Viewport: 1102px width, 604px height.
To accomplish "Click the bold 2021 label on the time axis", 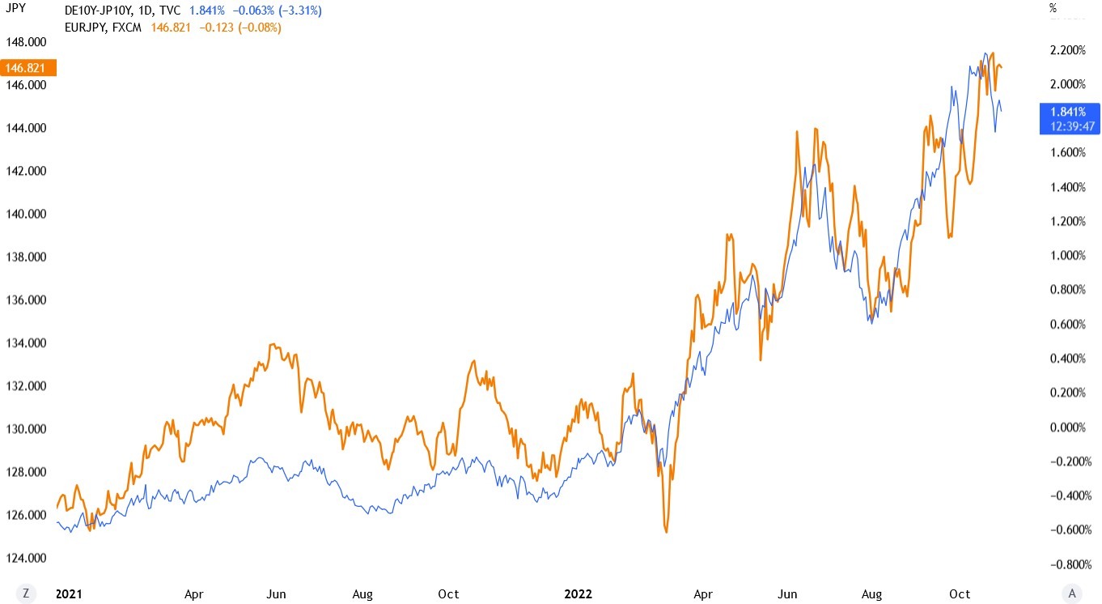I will [69, 594].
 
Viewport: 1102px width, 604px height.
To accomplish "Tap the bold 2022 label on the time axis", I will [578, 594].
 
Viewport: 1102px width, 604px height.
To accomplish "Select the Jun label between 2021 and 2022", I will [277, 594].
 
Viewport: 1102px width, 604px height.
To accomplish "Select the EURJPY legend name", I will [88, 28].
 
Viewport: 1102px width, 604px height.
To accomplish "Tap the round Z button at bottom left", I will [27, 593].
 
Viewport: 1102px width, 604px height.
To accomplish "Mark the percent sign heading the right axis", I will [1053, 9].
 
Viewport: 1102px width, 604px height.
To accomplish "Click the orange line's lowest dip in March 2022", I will [666, 532].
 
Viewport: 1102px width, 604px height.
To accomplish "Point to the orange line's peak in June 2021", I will [273, 344].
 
